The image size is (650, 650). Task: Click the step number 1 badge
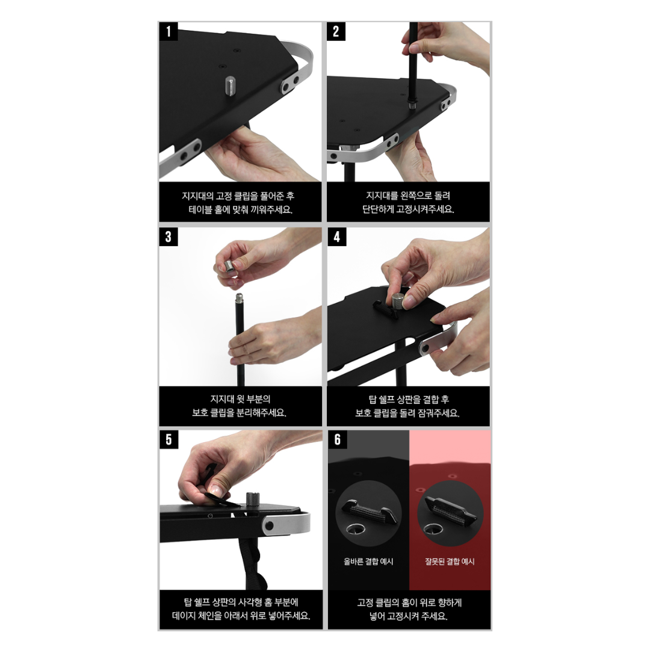pyautogui.click(x=169, y=31)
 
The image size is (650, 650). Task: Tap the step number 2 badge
pyautogui.click(x=336, y=31)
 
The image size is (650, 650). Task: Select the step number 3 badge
pyautogui.click(x=169, y=237)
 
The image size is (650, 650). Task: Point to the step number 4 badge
pyautogui.click(x=336, y=237)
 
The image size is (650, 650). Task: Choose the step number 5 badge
pyautogui.click(x=169, y=439)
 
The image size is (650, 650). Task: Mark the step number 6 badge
pyautogui.click(x=338, y=439)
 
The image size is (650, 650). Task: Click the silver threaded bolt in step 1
pyautogui.click(x=230, y=86)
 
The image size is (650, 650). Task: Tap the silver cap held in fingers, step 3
pyautogui.click(x=229, y=266)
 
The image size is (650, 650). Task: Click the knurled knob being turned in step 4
pyautogui.click(x=398, y=300)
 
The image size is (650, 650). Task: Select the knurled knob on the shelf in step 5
pyautogui.click(x=252, y=499)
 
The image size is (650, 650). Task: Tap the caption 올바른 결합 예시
pyautogui.click(x=368, y=562)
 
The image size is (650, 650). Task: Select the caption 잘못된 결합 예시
pyautogui.click(x=450, y=562)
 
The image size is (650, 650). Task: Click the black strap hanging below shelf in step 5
pyautogui.click(x=252, y=564)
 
